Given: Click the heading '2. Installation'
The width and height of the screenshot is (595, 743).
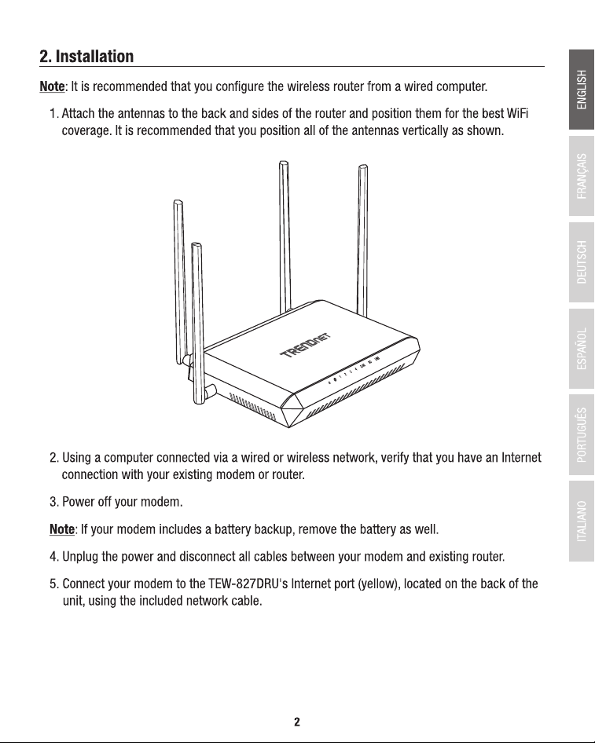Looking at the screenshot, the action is click(86, 57).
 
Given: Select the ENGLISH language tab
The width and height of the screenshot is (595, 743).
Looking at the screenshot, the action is click(582, 90).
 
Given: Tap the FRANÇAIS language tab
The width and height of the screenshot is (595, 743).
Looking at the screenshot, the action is click(582, 176).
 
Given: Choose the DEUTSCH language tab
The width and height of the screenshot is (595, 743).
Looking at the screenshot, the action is click(582, 262).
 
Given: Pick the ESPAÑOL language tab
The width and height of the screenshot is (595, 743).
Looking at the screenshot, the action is click(582, 348).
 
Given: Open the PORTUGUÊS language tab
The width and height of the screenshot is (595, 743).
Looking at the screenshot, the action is click(582, 434).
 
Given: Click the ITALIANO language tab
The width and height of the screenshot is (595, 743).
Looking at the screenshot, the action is click(582, 521).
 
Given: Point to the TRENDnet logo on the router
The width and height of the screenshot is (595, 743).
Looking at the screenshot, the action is click(306, 345).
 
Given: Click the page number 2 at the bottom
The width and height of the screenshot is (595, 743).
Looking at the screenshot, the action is click(297, 722).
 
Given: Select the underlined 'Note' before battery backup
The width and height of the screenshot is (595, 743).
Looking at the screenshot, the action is click(61, 529).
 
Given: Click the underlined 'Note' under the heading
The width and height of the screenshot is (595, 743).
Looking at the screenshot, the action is click(52, 86).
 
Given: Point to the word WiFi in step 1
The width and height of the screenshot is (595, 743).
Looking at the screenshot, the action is click(517, 114).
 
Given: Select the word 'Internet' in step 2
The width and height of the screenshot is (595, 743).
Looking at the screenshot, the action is click(521, 458).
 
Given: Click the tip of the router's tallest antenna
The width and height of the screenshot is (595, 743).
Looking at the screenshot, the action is click(284, 163).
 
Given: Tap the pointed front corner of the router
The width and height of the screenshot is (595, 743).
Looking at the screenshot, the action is click(289, 426).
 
